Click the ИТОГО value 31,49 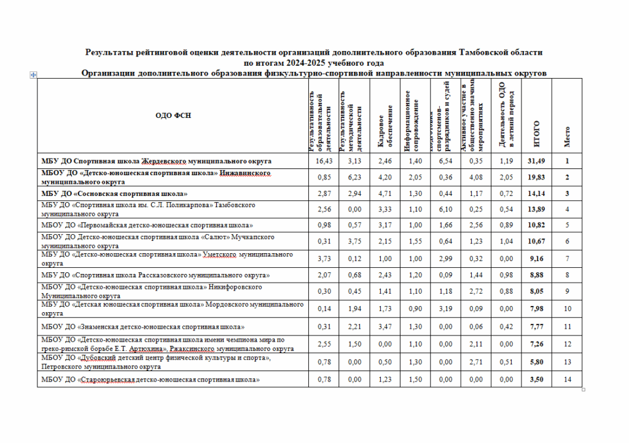[x=536, y=161]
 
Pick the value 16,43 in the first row [x=323, y=161]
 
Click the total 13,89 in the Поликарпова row [x=536, y=210]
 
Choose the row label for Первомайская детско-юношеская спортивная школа [x=147, y=225]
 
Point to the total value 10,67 [x=536, y=241]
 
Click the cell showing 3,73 [x=323, y=258]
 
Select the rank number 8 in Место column [x=567, y=274]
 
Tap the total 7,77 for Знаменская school [x=536, y=326]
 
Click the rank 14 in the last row [x=567, y=380]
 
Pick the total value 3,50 [x=536, y=380]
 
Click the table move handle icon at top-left [x=34, y=74]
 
